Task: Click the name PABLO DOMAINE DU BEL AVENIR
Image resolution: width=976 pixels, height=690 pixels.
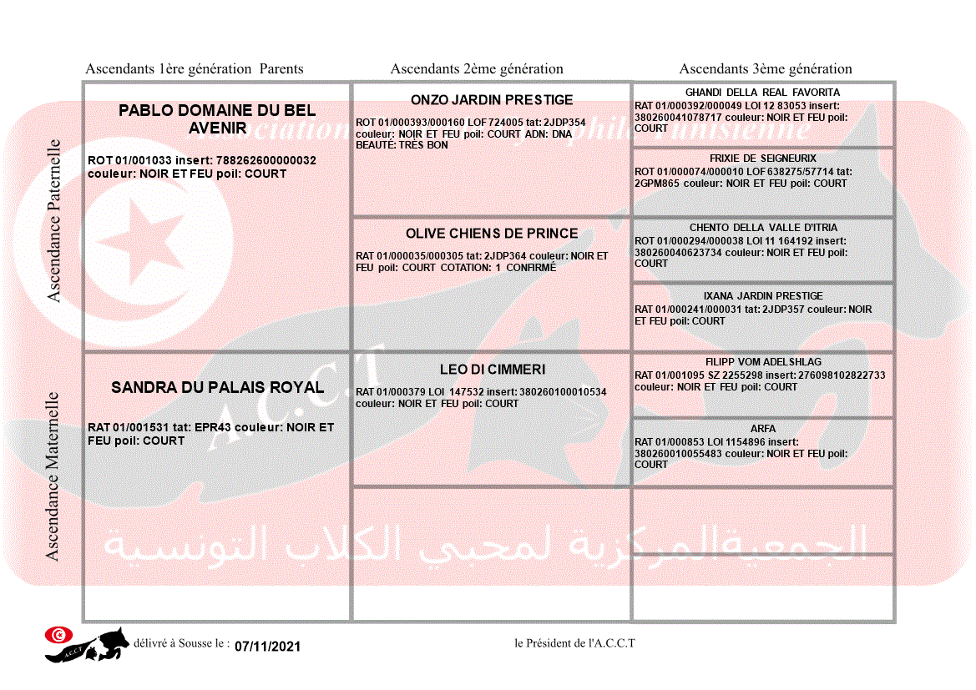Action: click(217, 118)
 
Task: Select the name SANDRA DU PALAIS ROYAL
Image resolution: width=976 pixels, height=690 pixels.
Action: click(217, 387)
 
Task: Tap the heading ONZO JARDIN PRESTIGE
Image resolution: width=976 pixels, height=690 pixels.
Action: click(492, 100)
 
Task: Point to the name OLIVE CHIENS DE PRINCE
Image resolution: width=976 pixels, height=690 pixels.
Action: click(492, 234)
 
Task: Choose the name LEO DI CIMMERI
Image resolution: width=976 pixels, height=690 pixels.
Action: click(492, 370)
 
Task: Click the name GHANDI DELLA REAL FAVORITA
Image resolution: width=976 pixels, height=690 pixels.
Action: click(762, 92)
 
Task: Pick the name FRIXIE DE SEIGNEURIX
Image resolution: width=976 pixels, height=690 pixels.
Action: click(762, 159)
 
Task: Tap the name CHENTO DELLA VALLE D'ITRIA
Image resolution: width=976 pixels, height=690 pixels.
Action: click(762, 228)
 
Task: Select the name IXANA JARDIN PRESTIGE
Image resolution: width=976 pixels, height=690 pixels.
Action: click(762, 296)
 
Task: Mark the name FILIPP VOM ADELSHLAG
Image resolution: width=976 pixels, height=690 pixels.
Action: click(762, 362)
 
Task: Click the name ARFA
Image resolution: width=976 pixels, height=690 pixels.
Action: click(762, 429)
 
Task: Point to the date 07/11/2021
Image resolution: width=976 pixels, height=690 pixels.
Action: click(267, 647)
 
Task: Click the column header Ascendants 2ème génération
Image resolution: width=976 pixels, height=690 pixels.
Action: click(477, 69)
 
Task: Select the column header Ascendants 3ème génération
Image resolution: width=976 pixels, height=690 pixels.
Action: click(766, 69)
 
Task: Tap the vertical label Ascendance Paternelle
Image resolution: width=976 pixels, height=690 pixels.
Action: click(54, 220)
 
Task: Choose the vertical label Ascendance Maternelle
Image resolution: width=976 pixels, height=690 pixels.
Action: click(53, 476)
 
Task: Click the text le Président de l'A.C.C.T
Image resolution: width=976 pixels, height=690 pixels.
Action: click(574, 643)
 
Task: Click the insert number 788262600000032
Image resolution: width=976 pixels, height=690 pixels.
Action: click(264, 160)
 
